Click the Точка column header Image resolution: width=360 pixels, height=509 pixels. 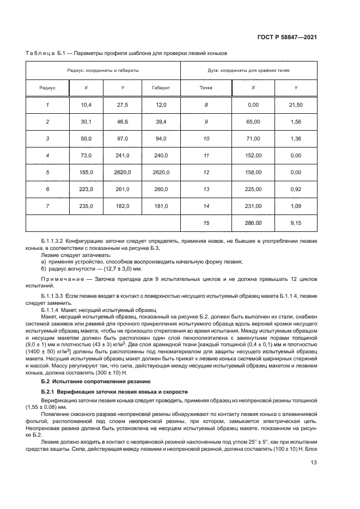[x=206, y=88]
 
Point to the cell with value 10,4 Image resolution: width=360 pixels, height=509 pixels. [x=86, y=105]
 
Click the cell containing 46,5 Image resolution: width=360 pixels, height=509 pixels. [x=123, y=121]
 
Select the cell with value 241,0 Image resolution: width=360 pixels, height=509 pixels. [x=123, y=155]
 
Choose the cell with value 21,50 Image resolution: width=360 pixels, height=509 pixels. [x=296, y=105]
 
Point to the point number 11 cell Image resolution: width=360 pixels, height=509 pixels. [x=206, y=155]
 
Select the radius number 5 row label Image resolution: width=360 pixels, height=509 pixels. [x=47, y=172]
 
